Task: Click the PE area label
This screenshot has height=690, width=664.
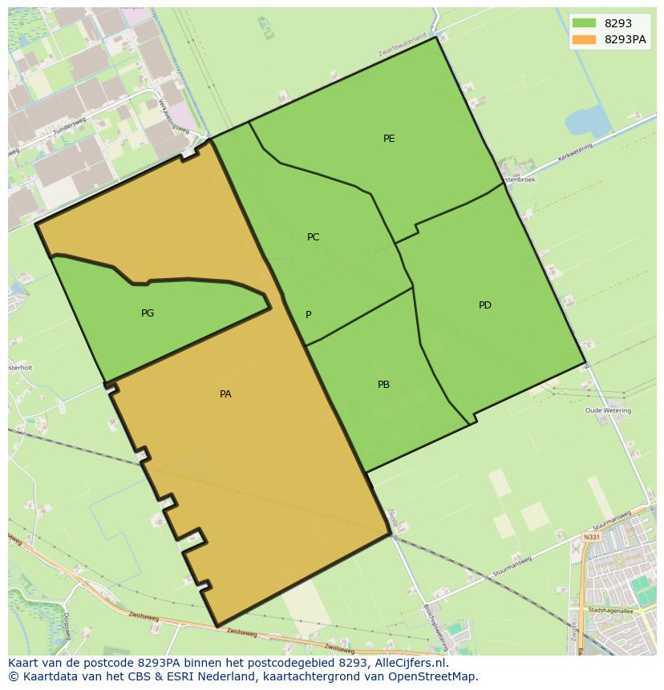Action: click(x=389, y=139)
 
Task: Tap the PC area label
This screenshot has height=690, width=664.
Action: click(x=313, y=237)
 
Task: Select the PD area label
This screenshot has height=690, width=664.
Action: click(x=484, y=305)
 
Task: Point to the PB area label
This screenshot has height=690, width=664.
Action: click(x=383, y=385)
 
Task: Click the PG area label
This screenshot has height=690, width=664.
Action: click(x=148, y=313)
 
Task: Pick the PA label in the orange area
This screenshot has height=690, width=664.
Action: click(x=225, y=394)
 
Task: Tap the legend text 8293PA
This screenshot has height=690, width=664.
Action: click(x=626, y=39)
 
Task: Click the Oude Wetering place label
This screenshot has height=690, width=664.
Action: click(x=608, y=410)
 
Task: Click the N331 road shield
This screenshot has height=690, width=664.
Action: click(x=591, y=537)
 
